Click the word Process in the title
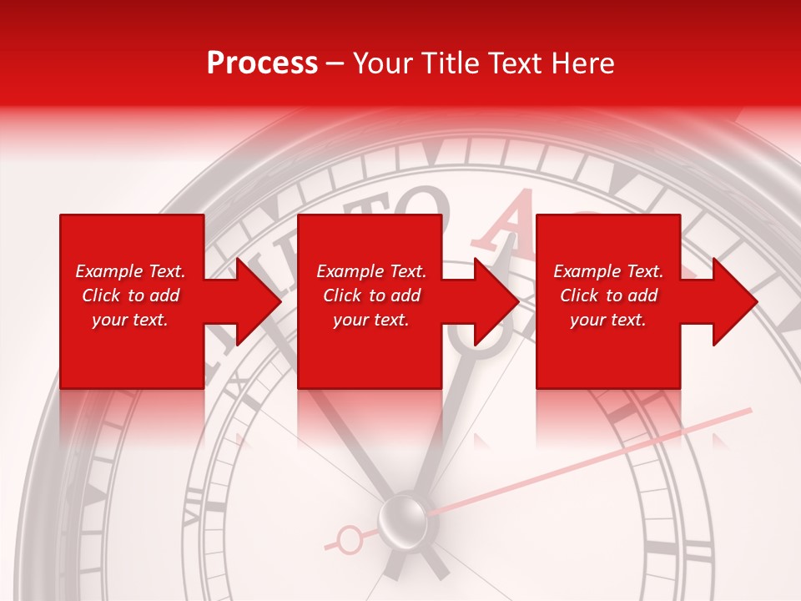pyautogui.click(x=262, y=63)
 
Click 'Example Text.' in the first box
pyautogui.click(x=130, y=271)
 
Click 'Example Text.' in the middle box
pyautogui.click(x=371, y=271)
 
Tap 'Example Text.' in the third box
pyautogui.click(x=608, y=271)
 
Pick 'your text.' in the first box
pyautogui.click(x=130, y=320)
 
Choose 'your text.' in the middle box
pyautogui.click(x=371, y=320)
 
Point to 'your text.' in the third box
pyautogui.click(x=608, y=320)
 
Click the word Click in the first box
pyautogui.click(x=102, y=295)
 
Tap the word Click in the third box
pyautogui.click(x=580, y=295)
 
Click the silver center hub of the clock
pyautogui.click(x=403, y=518)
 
